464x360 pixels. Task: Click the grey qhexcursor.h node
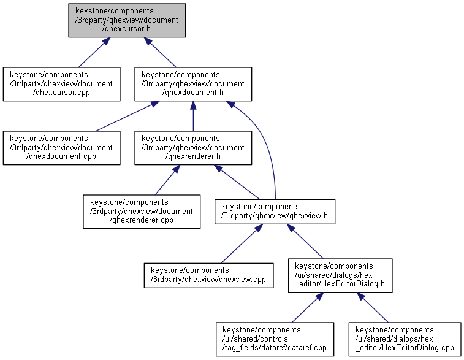pos(127,20)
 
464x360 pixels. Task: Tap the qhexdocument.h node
pos(193,83)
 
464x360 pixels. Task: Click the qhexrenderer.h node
pos(193,147)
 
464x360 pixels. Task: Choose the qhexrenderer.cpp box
pos(142,211)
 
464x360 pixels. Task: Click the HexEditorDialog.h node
pos(340,275)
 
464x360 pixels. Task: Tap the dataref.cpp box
pos(274,339)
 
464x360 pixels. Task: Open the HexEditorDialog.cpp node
pos(405,339)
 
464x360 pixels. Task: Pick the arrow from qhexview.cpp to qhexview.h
pos(241,245)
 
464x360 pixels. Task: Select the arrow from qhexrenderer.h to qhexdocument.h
pos(193,115)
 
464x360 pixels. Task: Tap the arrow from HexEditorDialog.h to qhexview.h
pos(306,243)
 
